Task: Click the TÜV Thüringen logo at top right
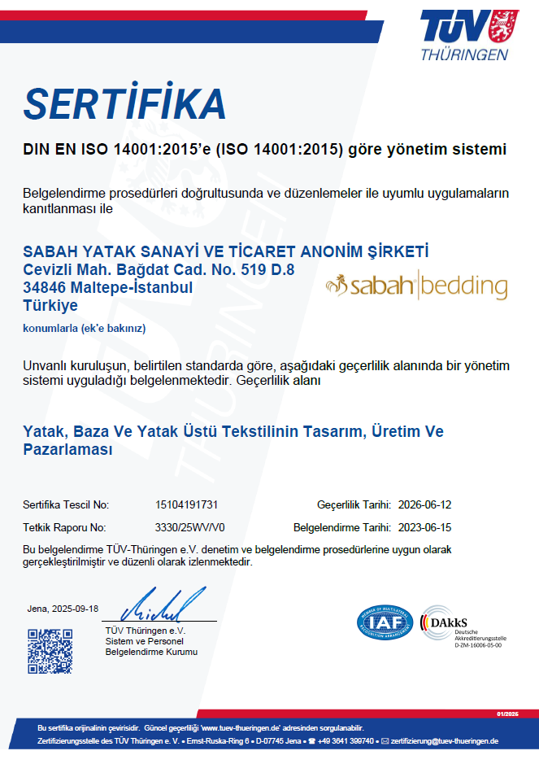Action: (x=464, y=34)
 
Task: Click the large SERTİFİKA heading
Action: (x=124, y=104)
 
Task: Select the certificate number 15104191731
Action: (x=186, y=505)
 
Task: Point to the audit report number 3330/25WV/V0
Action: (x=190, y=527)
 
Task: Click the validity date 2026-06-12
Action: (x=425, y=505)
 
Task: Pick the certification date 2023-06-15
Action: (x=425, y=527)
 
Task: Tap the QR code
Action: (x=50, y=652)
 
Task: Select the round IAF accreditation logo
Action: (x=385, y=622)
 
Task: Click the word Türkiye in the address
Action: (x=50, y=305)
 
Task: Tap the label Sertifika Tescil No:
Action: (x=66, y=505)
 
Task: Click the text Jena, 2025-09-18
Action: (x=63, y=609)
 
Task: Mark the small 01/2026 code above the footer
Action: (x=506, y=714)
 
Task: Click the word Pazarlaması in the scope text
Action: (x=67, y=449)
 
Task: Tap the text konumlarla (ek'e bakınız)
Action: (x=84, y=328)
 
